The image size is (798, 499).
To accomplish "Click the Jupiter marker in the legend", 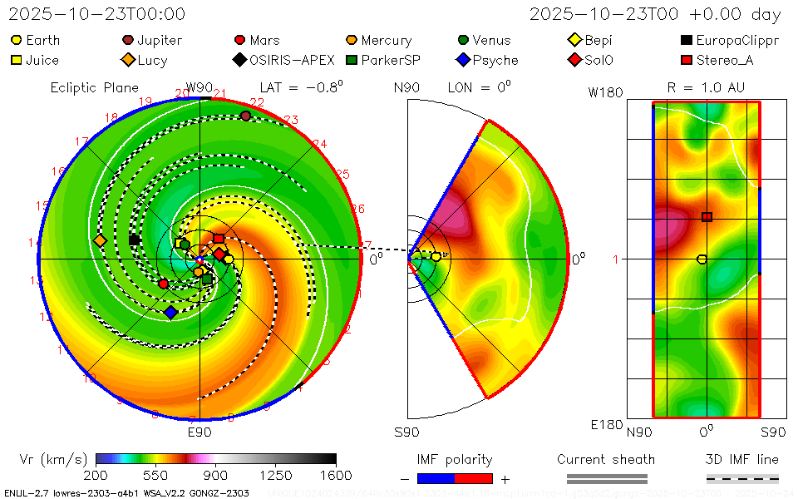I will (128, 40).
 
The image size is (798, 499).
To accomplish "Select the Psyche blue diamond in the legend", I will (463, 60).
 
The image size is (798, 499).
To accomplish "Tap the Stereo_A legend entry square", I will (687, 60).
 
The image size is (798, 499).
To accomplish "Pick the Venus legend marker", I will (463, 40).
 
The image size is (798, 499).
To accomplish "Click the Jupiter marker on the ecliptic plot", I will (245, 116).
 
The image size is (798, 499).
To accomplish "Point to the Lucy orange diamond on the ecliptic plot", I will (101, 240).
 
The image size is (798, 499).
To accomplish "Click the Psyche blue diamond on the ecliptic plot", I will (170, 312).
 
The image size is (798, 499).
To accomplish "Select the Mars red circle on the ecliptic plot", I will (164, 284).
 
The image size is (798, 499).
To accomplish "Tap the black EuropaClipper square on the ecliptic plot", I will (134, 240).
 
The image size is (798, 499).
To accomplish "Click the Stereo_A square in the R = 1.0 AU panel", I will (707, 217).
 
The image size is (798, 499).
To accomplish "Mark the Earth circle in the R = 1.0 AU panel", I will (702, 259).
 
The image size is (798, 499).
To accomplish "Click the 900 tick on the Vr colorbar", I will (216, 475).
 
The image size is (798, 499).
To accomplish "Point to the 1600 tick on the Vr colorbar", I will (336, 475).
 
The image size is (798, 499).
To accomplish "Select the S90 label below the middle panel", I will (406, 432).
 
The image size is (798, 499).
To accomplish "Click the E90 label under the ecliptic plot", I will (199, 432).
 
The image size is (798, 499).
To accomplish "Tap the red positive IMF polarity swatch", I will (474, 478).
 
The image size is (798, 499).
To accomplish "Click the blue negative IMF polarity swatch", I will (436, 478).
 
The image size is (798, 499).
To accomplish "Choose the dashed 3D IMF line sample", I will (742, 478).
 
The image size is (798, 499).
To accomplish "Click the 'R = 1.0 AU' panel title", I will (706, 86).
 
